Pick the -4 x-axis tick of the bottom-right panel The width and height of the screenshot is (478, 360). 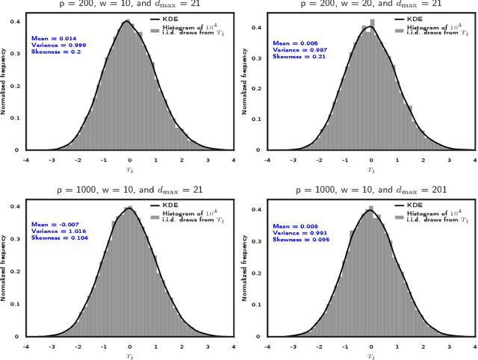pos(267,346)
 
